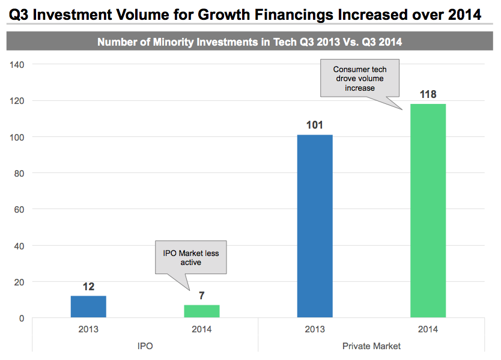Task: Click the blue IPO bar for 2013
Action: click(88, 307)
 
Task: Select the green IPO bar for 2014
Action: click(202, 311)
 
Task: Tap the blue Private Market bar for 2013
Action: click(315, 226)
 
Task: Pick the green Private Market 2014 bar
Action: click(428, 210)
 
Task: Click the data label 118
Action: click(428, 94)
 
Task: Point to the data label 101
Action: click(315, 125)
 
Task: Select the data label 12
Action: click(88, 287)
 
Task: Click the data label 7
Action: click(202, 296)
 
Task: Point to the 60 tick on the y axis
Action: click(19, 209)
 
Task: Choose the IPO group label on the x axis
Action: click(145, 346)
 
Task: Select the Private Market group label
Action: click(371, 346)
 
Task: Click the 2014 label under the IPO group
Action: click(202, 329)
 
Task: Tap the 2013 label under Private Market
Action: click(315, 329)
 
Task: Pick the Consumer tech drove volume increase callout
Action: click(360, 79)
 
